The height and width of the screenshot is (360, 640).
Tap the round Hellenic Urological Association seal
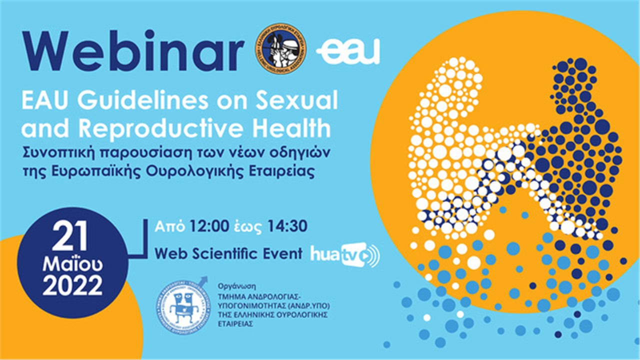(280, 48)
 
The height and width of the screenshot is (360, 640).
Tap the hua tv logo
(344, 254)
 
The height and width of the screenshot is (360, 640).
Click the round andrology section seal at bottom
(182, 305)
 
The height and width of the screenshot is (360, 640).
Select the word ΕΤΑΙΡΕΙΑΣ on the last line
(236, 323)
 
